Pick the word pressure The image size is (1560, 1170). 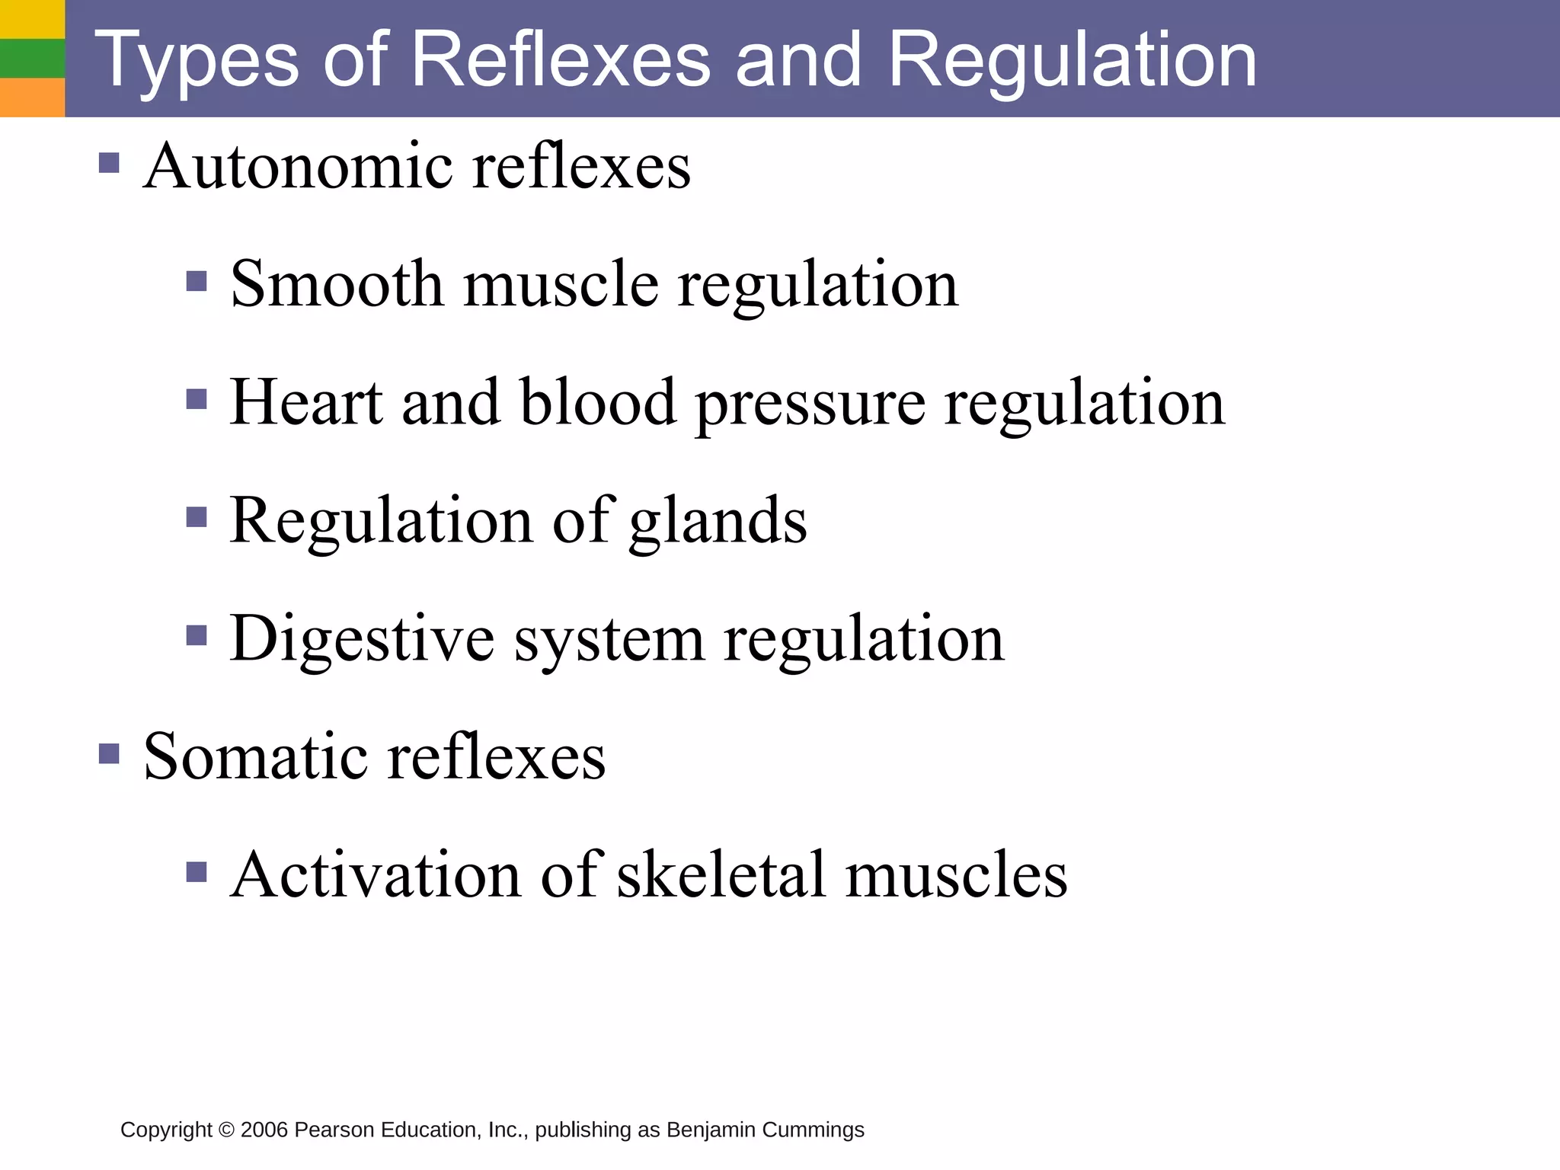[x=810, y=404]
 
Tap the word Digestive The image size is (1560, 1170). [x=362, y=640]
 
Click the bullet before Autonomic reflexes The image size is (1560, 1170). [x=109, y=163]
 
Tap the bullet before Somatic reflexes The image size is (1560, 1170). [x=109, y=753]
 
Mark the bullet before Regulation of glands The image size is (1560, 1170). [x=197, y=518]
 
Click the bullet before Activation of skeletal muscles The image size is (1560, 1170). [x=197, y=871]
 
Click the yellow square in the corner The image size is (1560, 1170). [x=32, y=19]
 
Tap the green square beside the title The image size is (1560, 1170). [x=32, y=58]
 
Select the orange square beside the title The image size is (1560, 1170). [x=32, y=97]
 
